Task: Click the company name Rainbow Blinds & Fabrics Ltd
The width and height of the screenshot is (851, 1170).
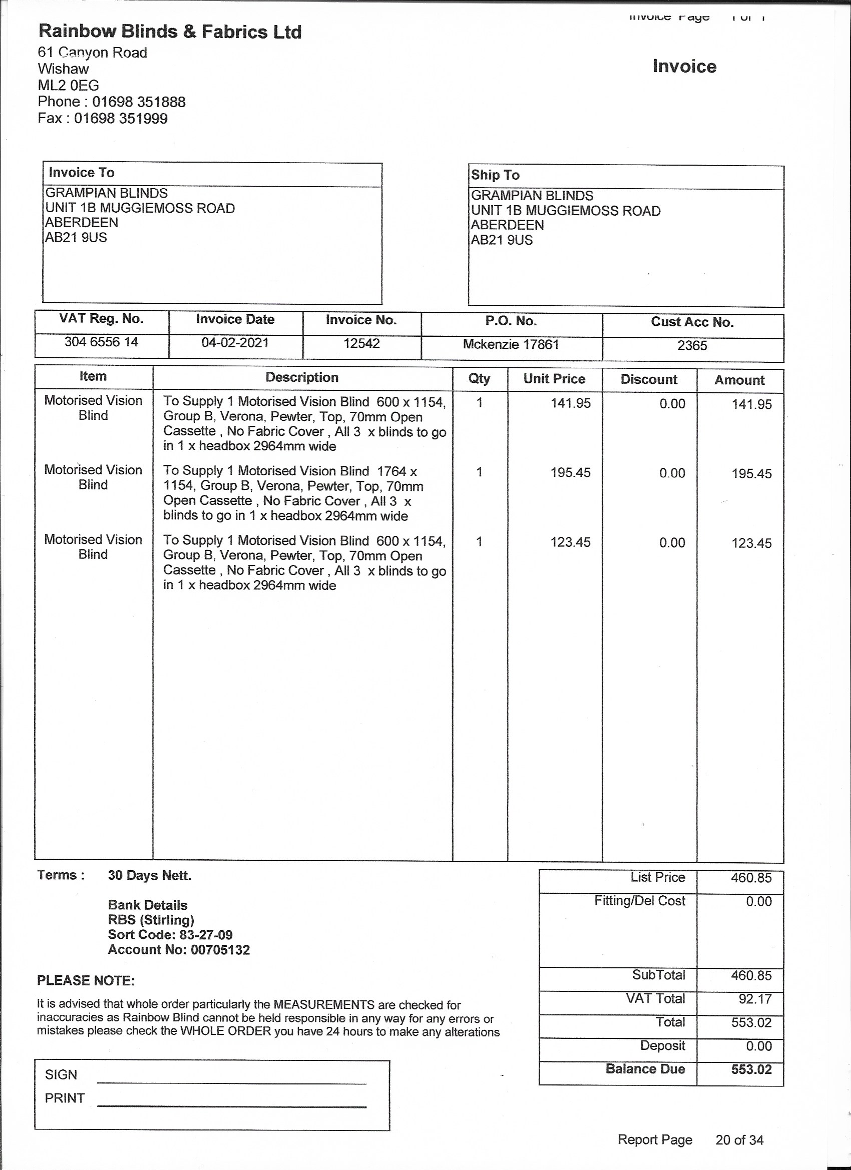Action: (170, 32)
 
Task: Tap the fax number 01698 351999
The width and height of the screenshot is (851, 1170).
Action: (121, 119)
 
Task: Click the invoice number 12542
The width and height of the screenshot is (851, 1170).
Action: (361, 344)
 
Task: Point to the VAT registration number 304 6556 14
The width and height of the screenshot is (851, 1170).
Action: (101, 342)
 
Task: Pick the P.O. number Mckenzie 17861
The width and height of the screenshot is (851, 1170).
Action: (511, 345)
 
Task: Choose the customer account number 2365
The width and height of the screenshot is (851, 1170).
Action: (692, 346)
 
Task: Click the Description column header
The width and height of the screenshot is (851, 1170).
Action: (302, 378)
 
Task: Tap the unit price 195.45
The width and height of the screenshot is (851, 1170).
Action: (570, 472)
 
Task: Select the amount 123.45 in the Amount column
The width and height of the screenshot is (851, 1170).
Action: (751, 543)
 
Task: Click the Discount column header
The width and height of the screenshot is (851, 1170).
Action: (649, 380)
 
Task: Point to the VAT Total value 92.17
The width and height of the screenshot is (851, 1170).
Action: (755, 999)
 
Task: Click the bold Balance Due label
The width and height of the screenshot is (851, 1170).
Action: (645, 1069)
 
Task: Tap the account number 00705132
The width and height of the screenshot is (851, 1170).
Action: (220, 950)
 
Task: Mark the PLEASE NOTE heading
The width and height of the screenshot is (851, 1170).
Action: (86, 981)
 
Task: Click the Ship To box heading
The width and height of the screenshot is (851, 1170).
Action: (495, 175)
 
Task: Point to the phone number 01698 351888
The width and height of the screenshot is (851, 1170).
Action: (139, 102)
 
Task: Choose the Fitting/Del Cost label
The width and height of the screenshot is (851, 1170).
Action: (639, 901)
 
